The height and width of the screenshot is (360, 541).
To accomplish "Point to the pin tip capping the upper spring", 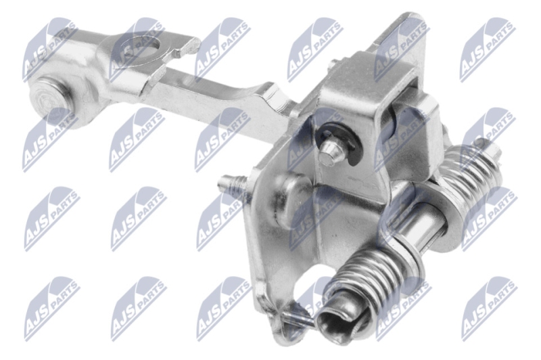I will [480, 143].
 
